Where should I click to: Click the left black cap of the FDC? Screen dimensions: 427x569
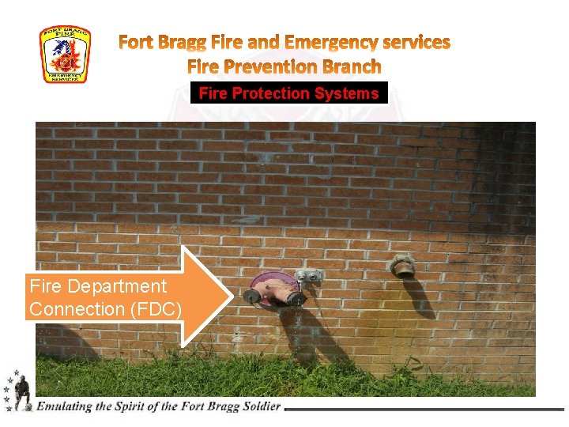point(251,297)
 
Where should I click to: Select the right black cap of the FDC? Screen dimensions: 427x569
point(297,299)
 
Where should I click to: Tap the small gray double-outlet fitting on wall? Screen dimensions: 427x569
point(309,276)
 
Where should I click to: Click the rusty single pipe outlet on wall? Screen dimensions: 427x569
point(403,267)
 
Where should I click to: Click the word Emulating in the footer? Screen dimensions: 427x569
point(65,406)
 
